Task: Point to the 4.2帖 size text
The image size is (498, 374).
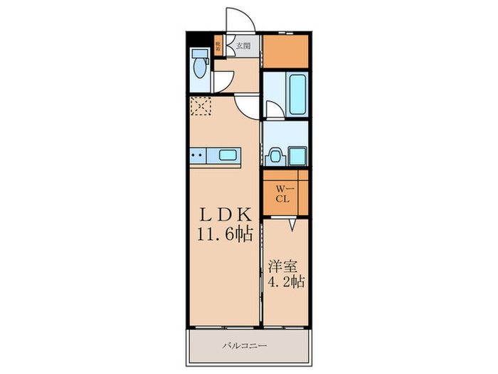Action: [286, 283]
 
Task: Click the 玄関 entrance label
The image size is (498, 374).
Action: [243, 46]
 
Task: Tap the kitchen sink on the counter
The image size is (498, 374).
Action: [228, 155]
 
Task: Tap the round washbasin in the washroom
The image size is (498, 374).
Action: [275, 155]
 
